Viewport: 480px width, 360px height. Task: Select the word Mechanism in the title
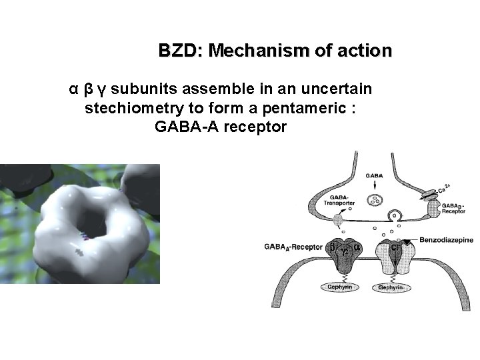pyautogui.click(x=249, y=51)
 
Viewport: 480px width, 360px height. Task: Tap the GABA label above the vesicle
pyautogui.click(x=375, y=175)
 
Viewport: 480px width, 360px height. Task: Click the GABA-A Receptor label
pyautogui.click(x=294, y=247)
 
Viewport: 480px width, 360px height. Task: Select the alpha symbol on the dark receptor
pyautogui.click(x=357, y=246)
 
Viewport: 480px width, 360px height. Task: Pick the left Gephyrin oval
pyautogui.click(x=339, y=287)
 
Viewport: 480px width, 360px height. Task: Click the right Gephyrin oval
pyautogui.click(x=395, y=287)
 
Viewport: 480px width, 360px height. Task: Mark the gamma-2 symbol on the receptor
pyautogui.click(x=345, y=251)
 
